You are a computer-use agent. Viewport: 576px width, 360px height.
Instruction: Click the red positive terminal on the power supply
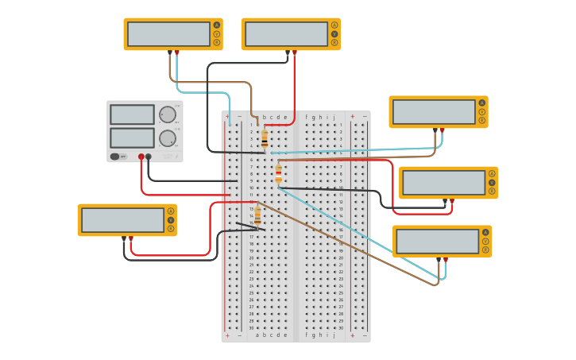[x=141, y=157]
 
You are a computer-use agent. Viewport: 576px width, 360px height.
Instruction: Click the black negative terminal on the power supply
[x=149, y=157]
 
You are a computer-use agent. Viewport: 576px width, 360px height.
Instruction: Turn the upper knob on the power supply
[x=167, y=115]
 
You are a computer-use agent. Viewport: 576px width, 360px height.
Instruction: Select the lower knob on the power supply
[x=167, y=138]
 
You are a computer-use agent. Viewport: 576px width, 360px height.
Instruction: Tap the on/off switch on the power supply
[x=117, y=157]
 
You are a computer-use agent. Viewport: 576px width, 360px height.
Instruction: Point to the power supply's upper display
[x=132, y=115]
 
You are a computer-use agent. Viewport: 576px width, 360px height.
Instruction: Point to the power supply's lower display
[x=132, y=137]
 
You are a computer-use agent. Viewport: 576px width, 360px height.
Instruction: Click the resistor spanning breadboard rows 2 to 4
[x=265, y=140]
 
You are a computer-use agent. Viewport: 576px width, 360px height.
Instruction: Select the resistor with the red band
[x=278, y=173]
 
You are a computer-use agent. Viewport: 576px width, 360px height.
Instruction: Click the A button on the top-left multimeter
[x=216, y=25]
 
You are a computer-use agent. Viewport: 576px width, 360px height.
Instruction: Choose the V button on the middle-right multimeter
[x=492, y=182]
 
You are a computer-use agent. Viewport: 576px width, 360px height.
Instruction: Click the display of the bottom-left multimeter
[x=122, y=220]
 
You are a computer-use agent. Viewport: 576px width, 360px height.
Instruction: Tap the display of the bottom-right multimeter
[x=436, y=241]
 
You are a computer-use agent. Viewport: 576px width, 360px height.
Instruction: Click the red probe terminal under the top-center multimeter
[x=295, y=52]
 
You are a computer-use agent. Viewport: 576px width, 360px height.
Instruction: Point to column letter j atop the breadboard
[x=334, y=117]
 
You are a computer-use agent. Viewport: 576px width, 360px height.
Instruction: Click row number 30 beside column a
[x=251, y=327]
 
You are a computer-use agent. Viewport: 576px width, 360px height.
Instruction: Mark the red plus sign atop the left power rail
[x=227, y=116]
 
